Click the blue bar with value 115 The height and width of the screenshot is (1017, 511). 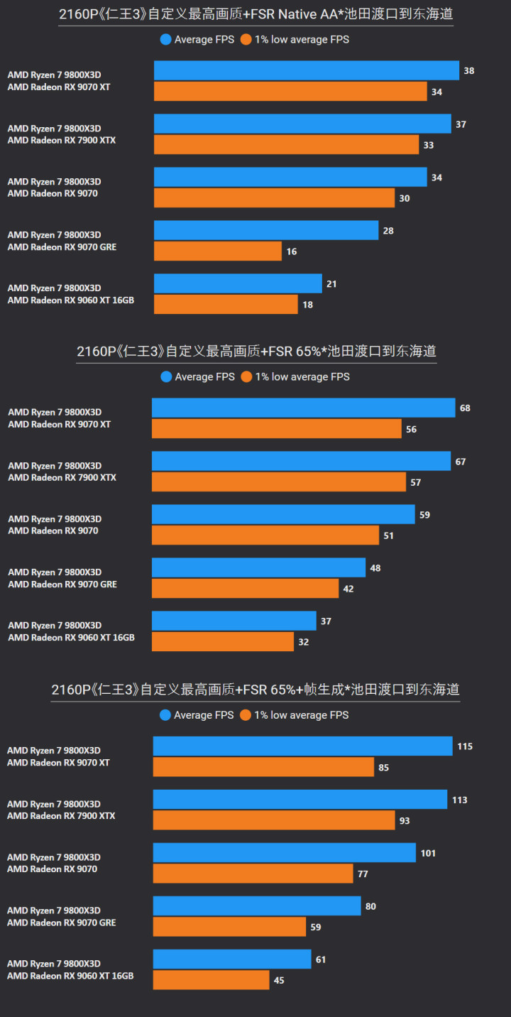click(302, 746)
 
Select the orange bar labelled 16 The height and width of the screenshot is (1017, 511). click(217, 251)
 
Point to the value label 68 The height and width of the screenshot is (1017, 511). click(465, 408)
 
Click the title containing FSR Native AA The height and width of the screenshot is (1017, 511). click(255, 13)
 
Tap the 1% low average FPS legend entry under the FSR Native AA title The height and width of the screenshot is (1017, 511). click(295, 40)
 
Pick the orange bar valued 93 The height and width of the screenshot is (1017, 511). click(273, 820)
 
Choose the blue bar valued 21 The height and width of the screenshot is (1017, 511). click(238, 284)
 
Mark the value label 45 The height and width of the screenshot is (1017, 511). click(279, 980)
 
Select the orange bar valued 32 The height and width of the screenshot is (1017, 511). click(222, 642)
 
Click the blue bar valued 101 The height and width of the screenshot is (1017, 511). click(284, 853)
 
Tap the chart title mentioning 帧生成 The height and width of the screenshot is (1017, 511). click(255, 689)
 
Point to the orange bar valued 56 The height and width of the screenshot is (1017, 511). click(276, 429)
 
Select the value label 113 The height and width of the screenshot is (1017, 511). click(460, 800)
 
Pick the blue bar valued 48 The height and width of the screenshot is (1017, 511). click(258, 568)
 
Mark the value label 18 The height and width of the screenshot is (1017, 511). click(307, 305)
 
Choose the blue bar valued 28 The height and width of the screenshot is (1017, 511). click(265, 231)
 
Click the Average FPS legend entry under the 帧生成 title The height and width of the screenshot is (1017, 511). click(197, 715)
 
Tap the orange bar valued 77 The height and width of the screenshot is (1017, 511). click(253, 874)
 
